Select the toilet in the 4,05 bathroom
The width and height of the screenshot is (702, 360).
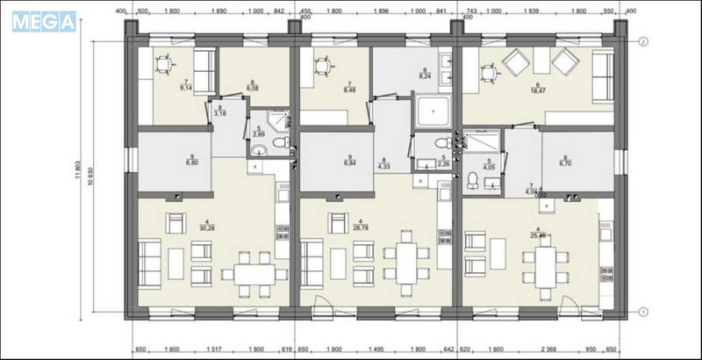click(474, 181)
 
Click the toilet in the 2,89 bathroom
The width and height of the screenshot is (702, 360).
click(279, 143)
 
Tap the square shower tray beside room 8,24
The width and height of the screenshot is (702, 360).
click(432, 112)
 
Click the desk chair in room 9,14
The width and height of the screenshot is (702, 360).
click(163, 64)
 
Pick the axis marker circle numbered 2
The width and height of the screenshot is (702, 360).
click(643, 42)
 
